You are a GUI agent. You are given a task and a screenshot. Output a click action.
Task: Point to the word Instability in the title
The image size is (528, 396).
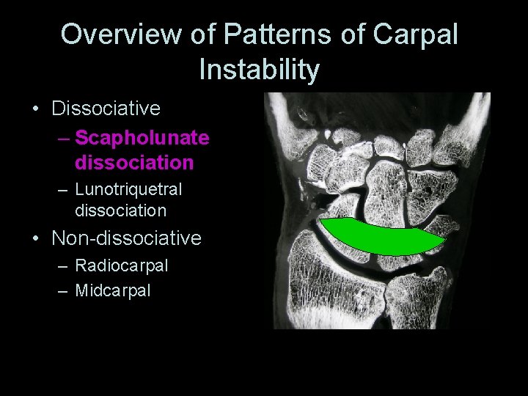(x=260, y=70)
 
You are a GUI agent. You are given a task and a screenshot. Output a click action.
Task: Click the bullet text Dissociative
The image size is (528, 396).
(x=106, y=109)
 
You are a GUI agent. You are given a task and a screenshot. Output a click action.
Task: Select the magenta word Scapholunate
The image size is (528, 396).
(x=142, y=138)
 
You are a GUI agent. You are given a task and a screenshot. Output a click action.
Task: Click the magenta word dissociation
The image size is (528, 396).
(x=134, y=161)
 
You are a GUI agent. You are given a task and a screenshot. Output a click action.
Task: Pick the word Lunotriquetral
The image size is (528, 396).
(x=128, y=189)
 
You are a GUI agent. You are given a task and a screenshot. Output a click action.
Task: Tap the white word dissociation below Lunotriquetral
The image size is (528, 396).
(x=121, y=210)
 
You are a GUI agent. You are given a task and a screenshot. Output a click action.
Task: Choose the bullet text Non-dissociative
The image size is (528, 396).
(x=126, y=238)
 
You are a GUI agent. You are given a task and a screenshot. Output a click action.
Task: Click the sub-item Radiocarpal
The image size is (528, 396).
(x=122, y=265)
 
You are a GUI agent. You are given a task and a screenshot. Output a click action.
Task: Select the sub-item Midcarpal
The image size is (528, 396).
(x=113, y=290)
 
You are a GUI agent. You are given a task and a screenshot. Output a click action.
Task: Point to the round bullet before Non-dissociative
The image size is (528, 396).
(x=36, y=239)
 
